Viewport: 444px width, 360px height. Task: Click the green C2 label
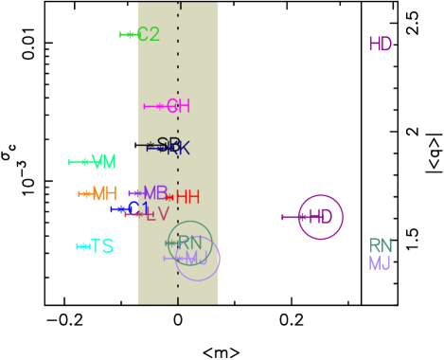pos(149,35)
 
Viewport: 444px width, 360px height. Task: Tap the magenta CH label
pos(179,106)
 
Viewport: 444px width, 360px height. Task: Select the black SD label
pos(169,144)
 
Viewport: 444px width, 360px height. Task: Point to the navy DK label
pos(179,149)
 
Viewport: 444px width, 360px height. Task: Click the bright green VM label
pos(103,162)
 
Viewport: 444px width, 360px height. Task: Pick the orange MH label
pos(104,194)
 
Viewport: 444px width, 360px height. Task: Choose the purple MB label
pos(155,193)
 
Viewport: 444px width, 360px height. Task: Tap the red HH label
pos(187,197)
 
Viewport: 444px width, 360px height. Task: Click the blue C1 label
pos(140,208)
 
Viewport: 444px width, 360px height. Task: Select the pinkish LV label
pos(157,215)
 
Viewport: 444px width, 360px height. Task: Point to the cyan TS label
pos(101,246)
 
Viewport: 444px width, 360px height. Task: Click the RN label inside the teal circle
pos(190,243)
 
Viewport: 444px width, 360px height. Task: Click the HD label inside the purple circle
pos(320,217)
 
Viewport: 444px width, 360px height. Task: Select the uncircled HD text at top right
pos(380,45)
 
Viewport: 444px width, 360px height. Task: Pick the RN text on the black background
pos(380,246)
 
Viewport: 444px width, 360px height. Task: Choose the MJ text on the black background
pos(380,263)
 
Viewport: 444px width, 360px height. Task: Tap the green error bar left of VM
pos(79,162)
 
